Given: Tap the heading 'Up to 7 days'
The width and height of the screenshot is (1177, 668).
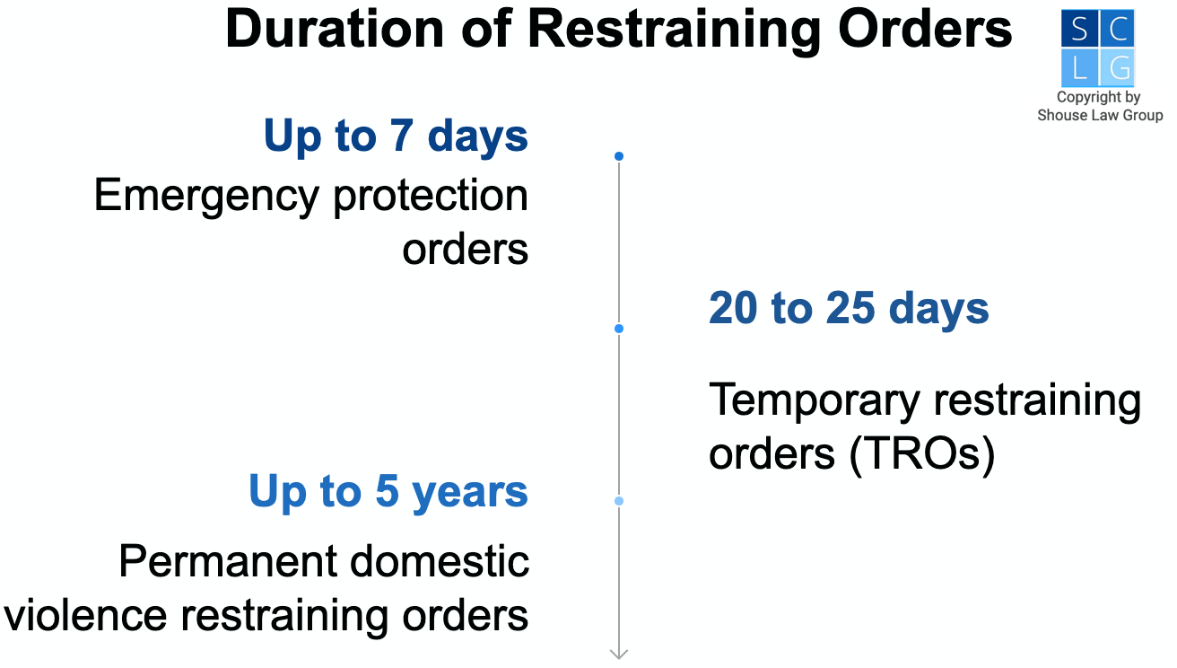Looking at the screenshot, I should [x=396, y=136].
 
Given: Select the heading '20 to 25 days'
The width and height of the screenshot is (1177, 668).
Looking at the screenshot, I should [x=848, y=309].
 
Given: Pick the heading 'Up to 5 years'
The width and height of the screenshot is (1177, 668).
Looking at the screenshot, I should [x=388, y=492].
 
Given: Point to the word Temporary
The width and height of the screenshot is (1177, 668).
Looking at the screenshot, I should [x=811, y=400].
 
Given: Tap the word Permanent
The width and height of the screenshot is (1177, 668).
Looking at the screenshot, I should [x=227, y=562].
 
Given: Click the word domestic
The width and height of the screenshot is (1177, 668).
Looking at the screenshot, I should [x=440, y=562].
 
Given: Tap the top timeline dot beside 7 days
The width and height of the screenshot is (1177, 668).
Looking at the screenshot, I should [x=619, y=157].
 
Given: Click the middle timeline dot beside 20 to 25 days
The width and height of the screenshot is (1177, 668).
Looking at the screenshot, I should [x=619, y=329].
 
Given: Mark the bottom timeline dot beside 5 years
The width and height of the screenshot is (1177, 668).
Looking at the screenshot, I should [x=619, y=500].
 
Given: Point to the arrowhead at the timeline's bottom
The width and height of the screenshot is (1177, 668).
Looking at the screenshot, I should [x=619, y=654].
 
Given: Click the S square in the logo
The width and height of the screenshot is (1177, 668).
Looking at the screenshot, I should [x=1079, y=31].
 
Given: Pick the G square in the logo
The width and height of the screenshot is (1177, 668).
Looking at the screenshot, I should [x=1117, y=68].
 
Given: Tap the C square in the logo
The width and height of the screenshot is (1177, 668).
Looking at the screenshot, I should [x=1117, y=31].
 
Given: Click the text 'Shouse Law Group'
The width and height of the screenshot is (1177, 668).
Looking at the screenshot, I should [x=1099, y=115].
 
